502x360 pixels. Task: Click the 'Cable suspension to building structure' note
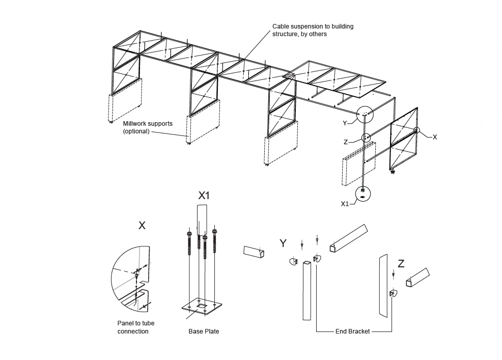coord(313,30)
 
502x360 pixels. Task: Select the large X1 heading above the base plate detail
coord(204,196)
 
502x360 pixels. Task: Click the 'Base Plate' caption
coord(204,331)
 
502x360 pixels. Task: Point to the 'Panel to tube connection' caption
coord(136,327)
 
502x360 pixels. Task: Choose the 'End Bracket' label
coord(352,331)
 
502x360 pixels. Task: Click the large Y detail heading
coord(283,243)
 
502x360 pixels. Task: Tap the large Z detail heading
coord(401,263)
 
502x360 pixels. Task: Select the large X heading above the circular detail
coord(142,225)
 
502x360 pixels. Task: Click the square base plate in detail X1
coord(202,307)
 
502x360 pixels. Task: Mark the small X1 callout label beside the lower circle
coord(345,204)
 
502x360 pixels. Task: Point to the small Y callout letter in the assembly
coord(345,123)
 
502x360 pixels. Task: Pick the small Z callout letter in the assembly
coord(346,142)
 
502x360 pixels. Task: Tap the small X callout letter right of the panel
coord(434,137)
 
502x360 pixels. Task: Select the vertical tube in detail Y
coord(306,290)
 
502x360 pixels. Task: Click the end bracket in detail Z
coord(394,293)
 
